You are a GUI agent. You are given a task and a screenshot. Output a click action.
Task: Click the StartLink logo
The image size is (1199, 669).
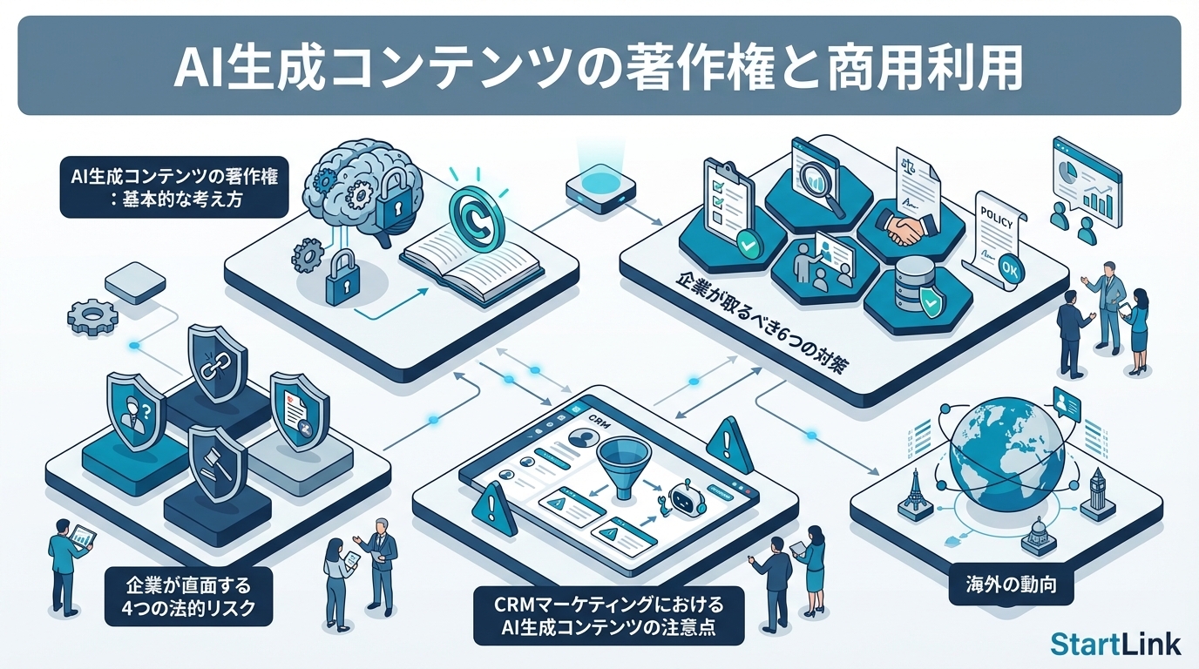(1115, 644)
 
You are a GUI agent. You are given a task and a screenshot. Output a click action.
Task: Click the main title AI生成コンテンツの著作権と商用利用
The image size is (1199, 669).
(599, 67)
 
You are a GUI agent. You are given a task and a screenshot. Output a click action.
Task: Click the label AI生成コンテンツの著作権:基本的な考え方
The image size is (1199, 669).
(174, 186)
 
